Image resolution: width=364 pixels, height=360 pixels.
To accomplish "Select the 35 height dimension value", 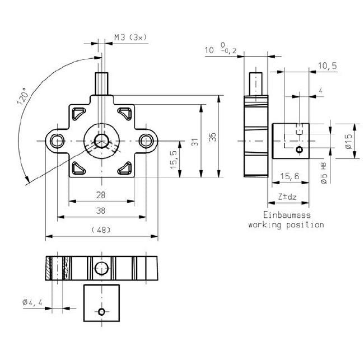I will coord(212,137).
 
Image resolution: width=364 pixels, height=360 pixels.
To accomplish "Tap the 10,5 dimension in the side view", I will coord(327,66).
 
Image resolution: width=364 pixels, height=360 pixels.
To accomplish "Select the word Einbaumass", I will coord(286,214).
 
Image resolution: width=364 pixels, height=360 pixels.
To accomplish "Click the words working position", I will coord(286,225).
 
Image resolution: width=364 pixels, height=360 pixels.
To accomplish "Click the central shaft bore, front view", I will coord(102,140).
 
